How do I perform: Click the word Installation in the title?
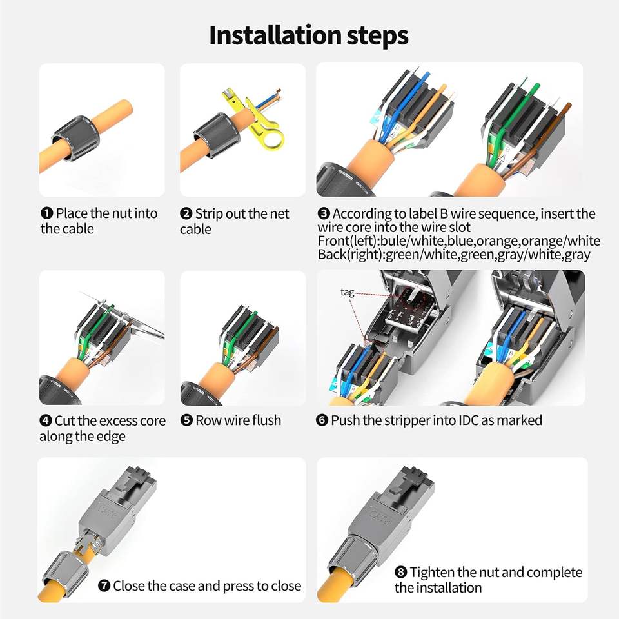pos(275,35)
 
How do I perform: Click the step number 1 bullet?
pos(46,213)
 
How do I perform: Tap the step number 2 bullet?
pos(186,213)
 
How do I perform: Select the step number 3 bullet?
pos(323,213)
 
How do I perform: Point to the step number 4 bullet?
pos(45,420)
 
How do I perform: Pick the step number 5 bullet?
pos(186,420)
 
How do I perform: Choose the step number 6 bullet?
pos(322,420)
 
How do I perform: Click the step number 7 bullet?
pos(104,585)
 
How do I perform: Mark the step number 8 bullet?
pos(400,572)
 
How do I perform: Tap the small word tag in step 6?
pos(347,292)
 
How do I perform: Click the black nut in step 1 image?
pos(75,138)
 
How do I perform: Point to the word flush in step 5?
pos(266,420)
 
